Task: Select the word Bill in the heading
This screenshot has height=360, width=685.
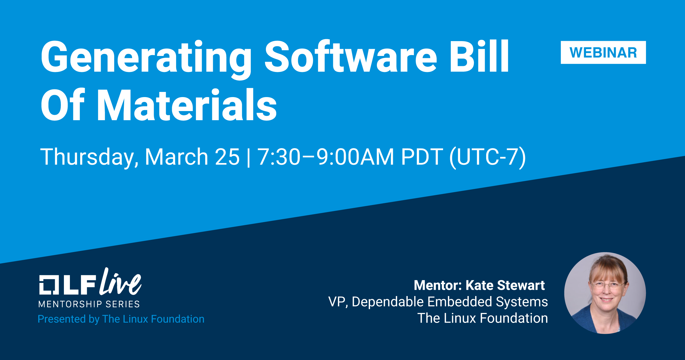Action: click(479, 56)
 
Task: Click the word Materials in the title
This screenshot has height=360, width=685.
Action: click(187, 105)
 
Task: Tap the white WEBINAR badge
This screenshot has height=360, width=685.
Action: click(603, 53)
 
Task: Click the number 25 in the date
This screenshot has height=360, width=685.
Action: click(227, 157)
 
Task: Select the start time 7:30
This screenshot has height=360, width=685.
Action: click(279, 157)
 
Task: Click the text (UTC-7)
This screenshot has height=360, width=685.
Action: click(488, 157)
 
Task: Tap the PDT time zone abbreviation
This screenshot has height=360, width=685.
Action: click(422, 157)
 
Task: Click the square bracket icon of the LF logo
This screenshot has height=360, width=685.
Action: click(49, 285)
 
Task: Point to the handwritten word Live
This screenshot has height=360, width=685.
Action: click(120, 282)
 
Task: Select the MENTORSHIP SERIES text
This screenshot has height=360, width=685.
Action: click(89, 304)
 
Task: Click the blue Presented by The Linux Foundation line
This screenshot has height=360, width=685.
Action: click(121, 319)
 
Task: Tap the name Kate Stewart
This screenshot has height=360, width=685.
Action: click(505, 285)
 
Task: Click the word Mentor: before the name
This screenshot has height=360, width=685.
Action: click(438, 285)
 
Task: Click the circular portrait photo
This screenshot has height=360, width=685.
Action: click(605, 293)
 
